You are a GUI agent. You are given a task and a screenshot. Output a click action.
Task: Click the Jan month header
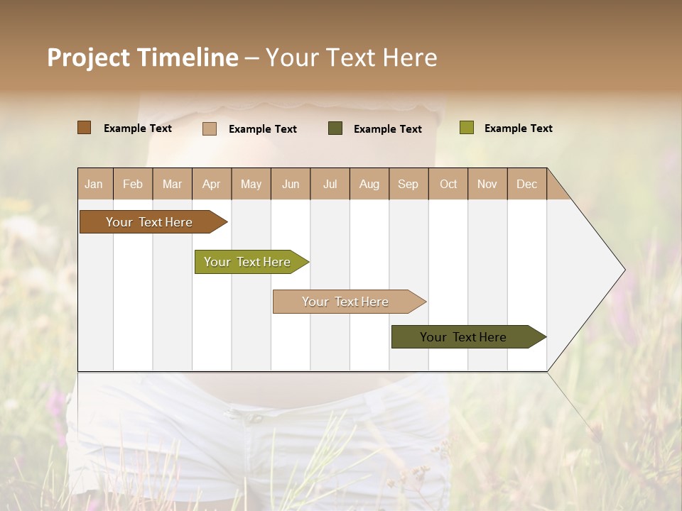click(x=94, y=184)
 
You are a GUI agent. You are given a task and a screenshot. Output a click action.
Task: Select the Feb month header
click(x=133, y=184)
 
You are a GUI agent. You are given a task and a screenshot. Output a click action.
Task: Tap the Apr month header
click(x=211, y=184)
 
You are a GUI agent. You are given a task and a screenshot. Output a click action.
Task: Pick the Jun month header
click(x=291, y=184)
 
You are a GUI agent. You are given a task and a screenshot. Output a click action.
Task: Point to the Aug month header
click(x=369, y=184)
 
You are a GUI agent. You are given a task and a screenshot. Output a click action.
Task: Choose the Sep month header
click(x=408, y=184)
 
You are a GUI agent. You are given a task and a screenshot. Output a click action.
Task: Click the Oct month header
click(x=448, y=184)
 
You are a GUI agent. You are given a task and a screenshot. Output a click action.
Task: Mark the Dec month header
click(x=526, y=184)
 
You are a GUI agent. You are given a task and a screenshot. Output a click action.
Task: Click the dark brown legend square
click(x=85, y=128)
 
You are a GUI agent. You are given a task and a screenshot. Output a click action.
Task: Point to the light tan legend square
click(x=210, y=128)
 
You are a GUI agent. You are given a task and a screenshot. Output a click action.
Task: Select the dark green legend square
click(x=335, y=128)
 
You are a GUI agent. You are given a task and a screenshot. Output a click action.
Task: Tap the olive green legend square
click(x=467, y=128)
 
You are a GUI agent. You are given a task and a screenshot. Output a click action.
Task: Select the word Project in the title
click(x=88, y=57)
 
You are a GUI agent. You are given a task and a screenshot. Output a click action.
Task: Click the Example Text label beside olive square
click(x=518, y=128)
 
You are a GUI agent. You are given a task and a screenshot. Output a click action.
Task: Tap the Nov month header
click(x=487, y=184)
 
